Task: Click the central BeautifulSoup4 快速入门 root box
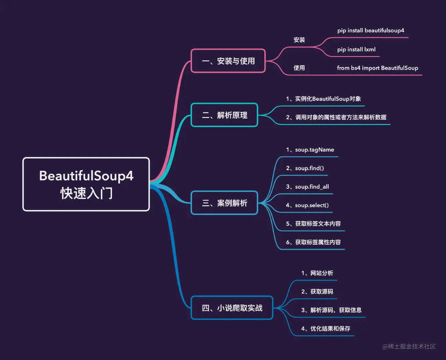86,184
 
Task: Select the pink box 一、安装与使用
228,61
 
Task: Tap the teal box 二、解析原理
224,115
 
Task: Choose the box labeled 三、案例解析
224,203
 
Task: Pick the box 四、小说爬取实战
232,308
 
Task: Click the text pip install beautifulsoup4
371,31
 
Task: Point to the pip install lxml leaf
356,50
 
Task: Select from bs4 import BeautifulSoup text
377,68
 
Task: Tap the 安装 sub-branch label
299,40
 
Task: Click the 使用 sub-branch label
299,68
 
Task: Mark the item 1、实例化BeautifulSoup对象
323,99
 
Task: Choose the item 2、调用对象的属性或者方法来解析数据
336,117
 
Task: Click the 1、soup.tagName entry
310,150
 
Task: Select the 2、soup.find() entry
305,168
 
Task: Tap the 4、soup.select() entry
307,205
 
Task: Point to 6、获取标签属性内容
313,242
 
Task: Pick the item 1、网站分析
317,273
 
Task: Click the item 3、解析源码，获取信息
331,310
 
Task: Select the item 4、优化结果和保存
326,329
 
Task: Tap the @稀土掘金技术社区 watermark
409,347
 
